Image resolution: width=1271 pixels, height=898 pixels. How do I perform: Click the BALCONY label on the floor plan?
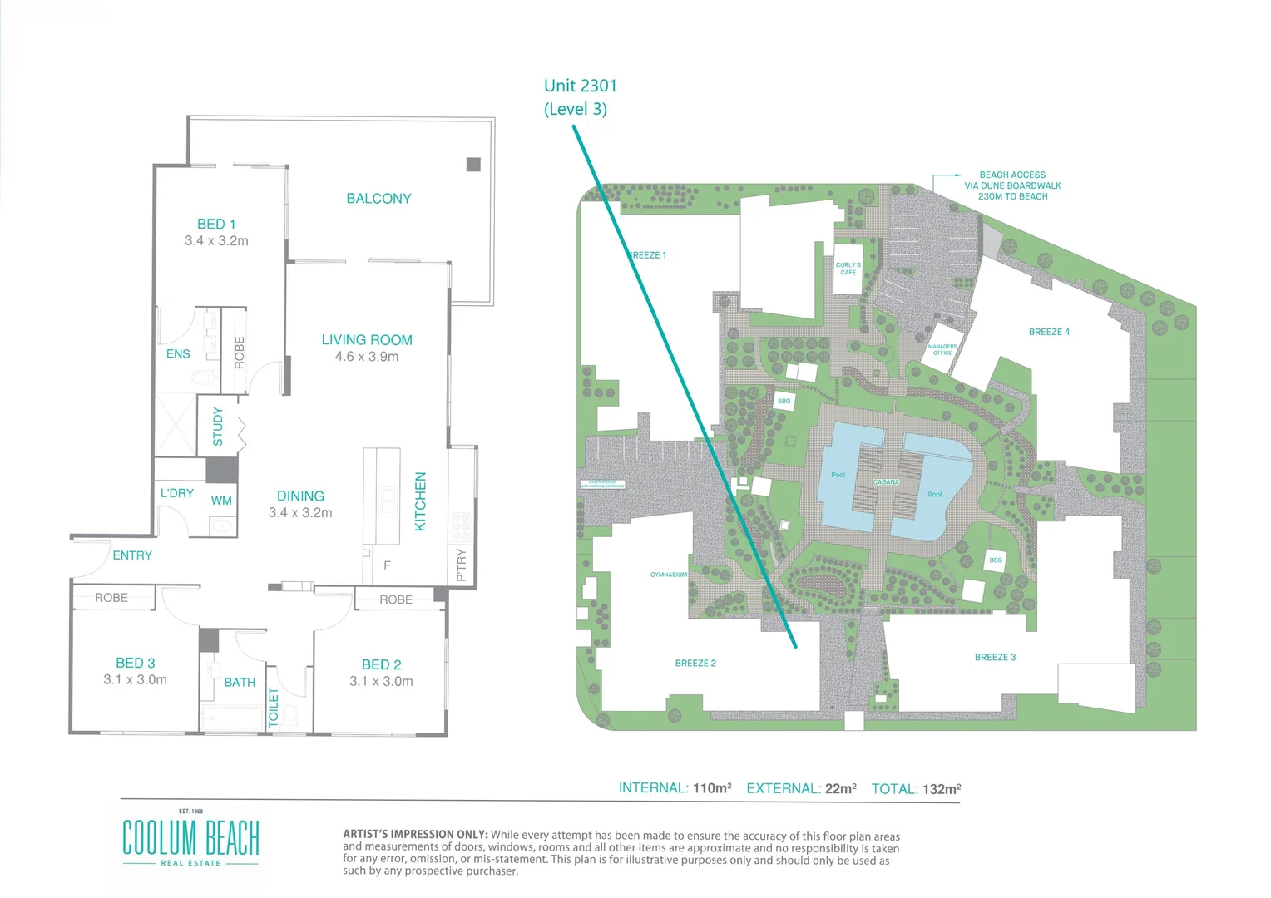(x=378, y=199)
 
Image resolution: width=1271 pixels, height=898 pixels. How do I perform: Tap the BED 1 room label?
(x=216, y=224)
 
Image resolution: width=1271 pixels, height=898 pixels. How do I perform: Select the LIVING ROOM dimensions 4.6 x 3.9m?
(x=367, y=357)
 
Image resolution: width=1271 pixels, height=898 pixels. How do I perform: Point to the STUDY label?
(x=218, y=427)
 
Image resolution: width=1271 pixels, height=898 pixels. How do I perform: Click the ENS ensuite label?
(x=178, y=354)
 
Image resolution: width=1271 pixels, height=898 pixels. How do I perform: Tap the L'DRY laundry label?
(x=177, y=493)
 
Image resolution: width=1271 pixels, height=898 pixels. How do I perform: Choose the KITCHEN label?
(x=420, y=501)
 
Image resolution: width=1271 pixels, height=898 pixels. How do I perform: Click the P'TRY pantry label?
(x=462, y=565)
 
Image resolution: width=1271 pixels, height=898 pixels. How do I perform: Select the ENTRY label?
(x=132, y=555)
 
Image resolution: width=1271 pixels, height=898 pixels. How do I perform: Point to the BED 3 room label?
(x=136, y=664)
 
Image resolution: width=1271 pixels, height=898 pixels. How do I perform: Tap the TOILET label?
(x=274, y=708)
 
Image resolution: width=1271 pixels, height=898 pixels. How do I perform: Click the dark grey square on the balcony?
(x=473, y=165)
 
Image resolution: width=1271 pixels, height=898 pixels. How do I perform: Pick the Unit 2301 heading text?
(x=581, y=86)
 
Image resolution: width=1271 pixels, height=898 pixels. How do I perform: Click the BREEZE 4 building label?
(x=1049, y=332)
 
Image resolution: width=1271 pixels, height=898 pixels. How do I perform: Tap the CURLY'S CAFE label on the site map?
(x=848, y=269)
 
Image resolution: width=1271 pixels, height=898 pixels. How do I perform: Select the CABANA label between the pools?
(x=886, y=482)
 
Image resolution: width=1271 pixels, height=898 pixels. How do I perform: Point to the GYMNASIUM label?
(x=669, y=575)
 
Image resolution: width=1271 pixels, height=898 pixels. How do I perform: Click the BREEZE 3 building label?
(x=995, y=658)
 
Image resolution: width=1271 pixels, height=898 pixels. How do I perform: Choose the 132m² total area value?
(x=942, y=789)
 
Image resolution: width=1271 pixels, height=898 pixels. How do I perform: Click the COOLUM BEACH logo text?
(x=191, y=837)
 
